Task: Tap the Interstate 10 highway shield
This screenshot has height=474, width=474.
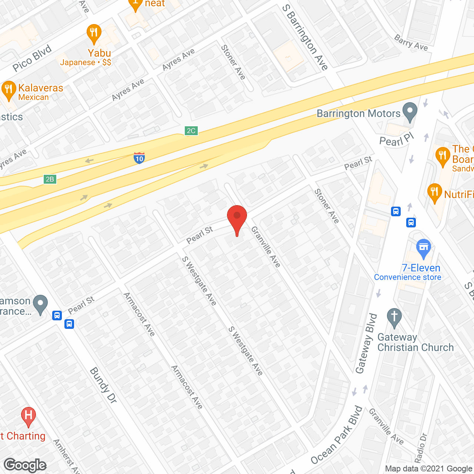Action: click(139, 158)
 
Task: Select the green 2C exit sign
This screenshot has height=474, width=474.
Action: click(191, 131)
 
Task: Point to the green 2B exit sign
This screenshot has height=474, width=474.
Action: click(50, 180)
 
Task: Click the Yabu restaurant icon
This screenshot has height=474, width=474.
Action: click(94, 33)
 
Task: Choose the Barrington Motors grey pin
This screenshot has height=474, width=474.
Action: click(410, 111)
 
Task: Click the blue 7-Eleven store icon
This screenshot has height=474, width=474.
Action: click(424, 248)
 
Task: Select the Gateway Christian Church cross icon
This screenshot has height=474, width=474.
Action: click(394, 318)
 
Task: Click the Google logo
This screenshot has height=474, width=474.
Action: click(25, 465)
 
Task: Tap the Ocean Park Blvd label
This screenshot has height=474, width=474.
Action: click(337, 435)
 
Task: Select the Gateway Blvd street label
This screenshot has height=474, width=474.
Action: click(366, 343)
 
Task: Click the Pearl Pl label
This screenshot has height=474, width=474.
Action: click(396, 140)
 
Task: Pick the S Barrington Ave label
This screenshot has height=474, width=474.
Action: click(305, 37)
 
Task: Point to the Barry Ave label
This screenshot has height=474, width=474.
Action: click(411, 43)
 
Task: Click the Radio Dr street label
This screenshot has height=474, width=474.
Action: click(421, 448)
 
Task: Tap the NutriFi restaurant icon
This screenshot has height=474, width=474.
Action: click(435, 193)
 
